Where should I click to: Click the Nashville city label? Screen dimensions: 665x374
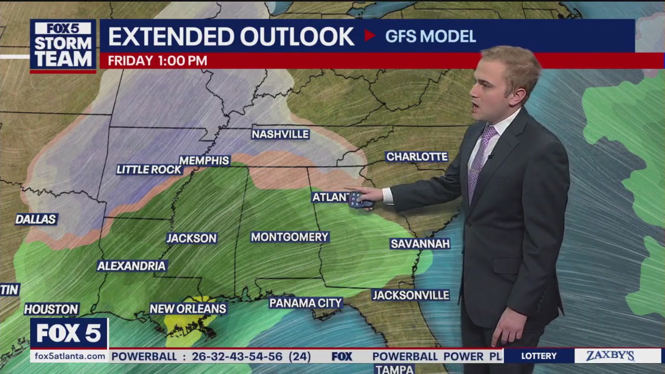pos(281,134)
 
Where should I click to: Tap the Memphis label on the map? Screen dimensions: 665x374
pos(205,161)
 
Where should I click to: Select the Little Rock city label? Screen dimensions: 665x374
pos(149,169)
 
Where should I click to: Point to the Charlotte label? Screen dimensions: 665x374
pos(417,156)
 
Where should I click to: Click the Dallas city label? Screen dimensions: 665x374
pos(36,219)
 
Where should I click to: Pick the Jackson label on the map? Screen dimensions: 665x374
pos(191,238)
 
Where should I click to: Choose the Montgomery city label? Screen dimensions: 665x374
pos(289,237)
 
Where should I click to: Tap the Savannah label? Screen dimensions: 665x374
pos(420,244)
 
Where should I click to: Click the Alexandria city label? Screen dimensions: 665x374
pos(131,266)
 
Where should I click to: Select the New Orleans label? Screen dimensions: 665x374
pos(188,309)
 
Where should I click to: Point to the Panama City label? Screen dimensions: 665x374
pos(305,302)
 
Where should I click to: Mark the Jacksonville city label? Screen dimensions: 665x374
pos(410,295)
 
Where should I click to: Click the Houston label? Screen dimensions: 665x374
pos(51,309)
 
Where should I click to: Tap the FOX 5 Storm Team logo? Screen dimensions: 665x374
pos(63,45)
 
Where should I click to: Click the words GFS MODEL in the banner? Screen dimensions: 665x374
pos(430,36)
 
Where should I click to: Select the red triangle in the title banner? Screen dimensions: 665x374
pos(369,35)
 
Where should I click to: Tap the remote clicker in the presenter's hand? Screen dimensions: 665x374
pos(360,200)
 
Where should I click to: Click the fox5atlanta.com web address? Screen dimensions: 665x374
pos(69,356)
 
